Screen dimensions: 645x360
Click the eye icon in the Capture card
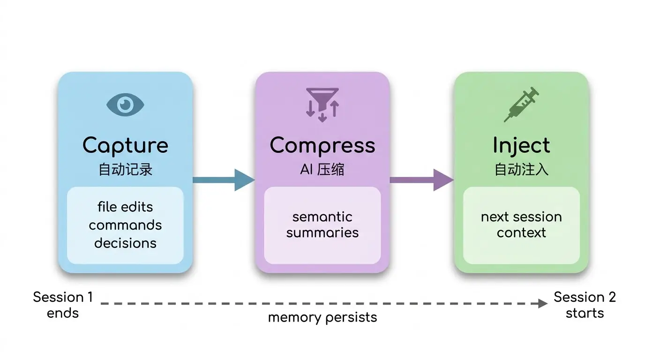point(125,105)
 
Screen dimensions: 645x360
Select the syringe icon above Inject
point(521,104)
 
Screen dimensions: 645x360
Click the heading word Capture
point(125,146)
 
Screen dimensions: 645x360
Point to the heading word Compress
point(322,146)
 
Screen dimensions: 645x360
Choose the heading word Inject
point(521,146)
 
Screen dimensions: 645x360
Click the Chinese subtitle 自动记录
point(125,169)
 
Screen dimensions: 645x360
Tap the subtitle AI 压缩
point(322,169)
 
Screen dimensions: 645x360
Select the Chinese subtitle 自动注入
point(521,169)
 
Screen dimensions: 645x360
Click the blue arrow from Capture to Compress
point(224,180)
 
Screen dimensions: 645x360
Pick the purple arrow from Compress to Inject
point(422,180)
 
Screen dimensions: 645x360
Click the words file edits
point(125,207)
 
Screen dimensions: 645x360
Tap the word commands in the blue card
point(125,225)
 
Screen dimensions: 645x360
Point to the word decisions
point(125,243)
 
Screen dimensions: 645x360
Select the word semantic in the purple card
point(322,217)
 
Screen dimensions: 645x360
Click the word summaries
point(322,232)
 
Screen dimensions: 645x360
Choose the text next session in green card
point(521,217)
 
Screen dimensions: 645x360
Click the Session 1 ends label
point(63,305)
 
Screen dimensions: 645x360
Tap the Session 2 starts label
point(585,305)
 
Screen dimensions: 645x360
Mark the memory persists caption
point(322,318)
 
